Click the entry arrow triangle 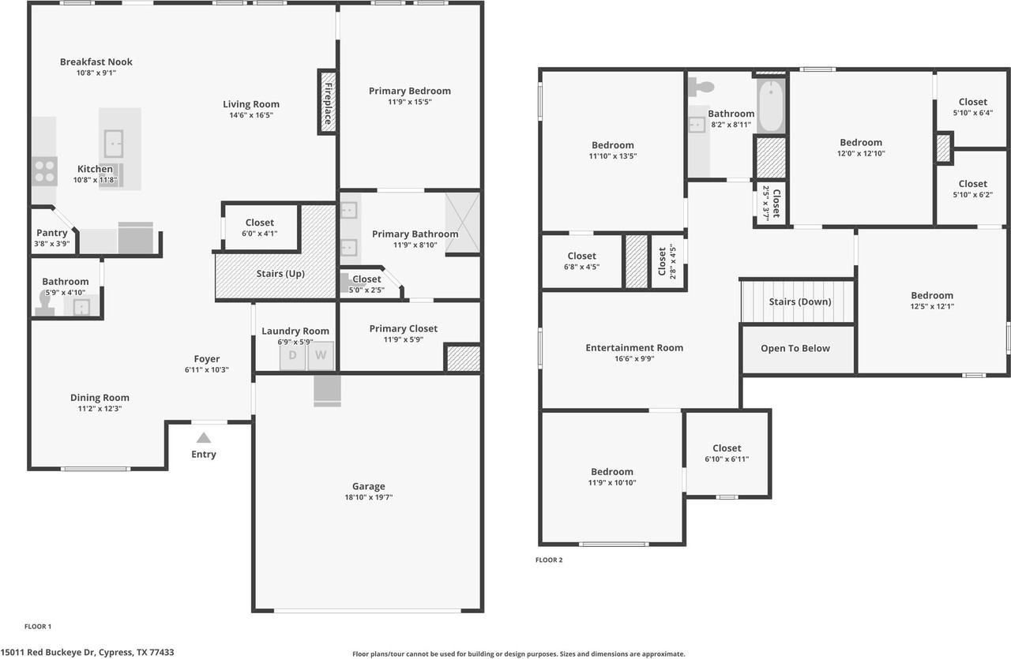[204, 438]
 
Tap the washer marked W [321, 355]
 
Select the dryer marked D [292, 355]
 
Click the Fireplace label [327, 101]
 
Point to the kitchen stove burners [44, 171]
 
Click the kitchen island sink [115, 144]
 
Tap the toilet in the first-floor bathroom [45, 302]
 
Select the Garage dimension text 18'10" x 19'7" [368, 497]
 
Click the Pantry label [52, 233]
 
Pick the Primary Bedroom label [409, 91]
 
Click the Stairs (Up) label [280, 274]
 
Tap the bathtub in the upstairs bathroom [770, 105]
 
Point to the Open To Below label [795, 348]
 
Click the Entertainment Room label [634, 347]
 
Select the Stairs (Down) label [799, 301]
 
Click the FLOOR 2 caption [549, 560]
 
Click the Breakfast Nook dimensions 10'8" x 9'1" [96, 73]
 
